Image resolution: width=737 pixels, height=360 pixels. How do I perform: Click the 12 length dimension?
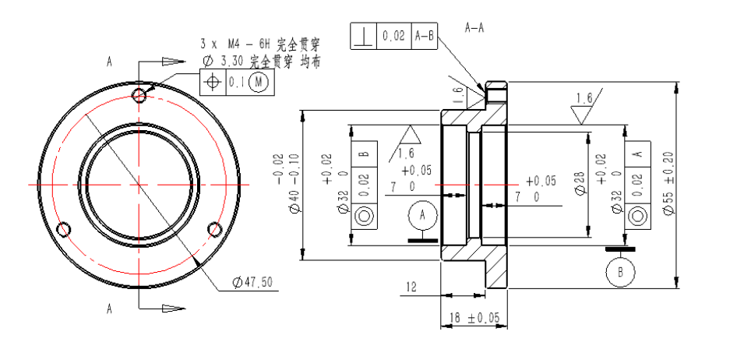click(x=411, y=288)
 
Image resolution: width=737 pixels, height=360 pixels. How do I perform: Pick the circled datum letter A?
click(x=423, y=214)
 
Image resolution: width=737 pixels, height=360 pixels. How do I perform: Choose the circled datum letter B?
click(x=621, y=273)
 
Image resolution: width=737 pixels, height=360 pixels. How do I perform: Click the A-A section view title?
click(x=474, y=28)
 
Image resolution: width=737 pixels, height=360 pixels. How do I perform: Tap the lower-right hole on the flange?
click(x=215, y=229)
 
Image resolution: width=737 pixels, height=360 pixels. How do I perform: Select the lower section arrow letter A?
click(x=110, y=309)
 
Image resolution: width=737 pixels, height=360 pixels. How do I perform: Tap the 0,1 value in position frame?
click(x=236, y=82)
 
